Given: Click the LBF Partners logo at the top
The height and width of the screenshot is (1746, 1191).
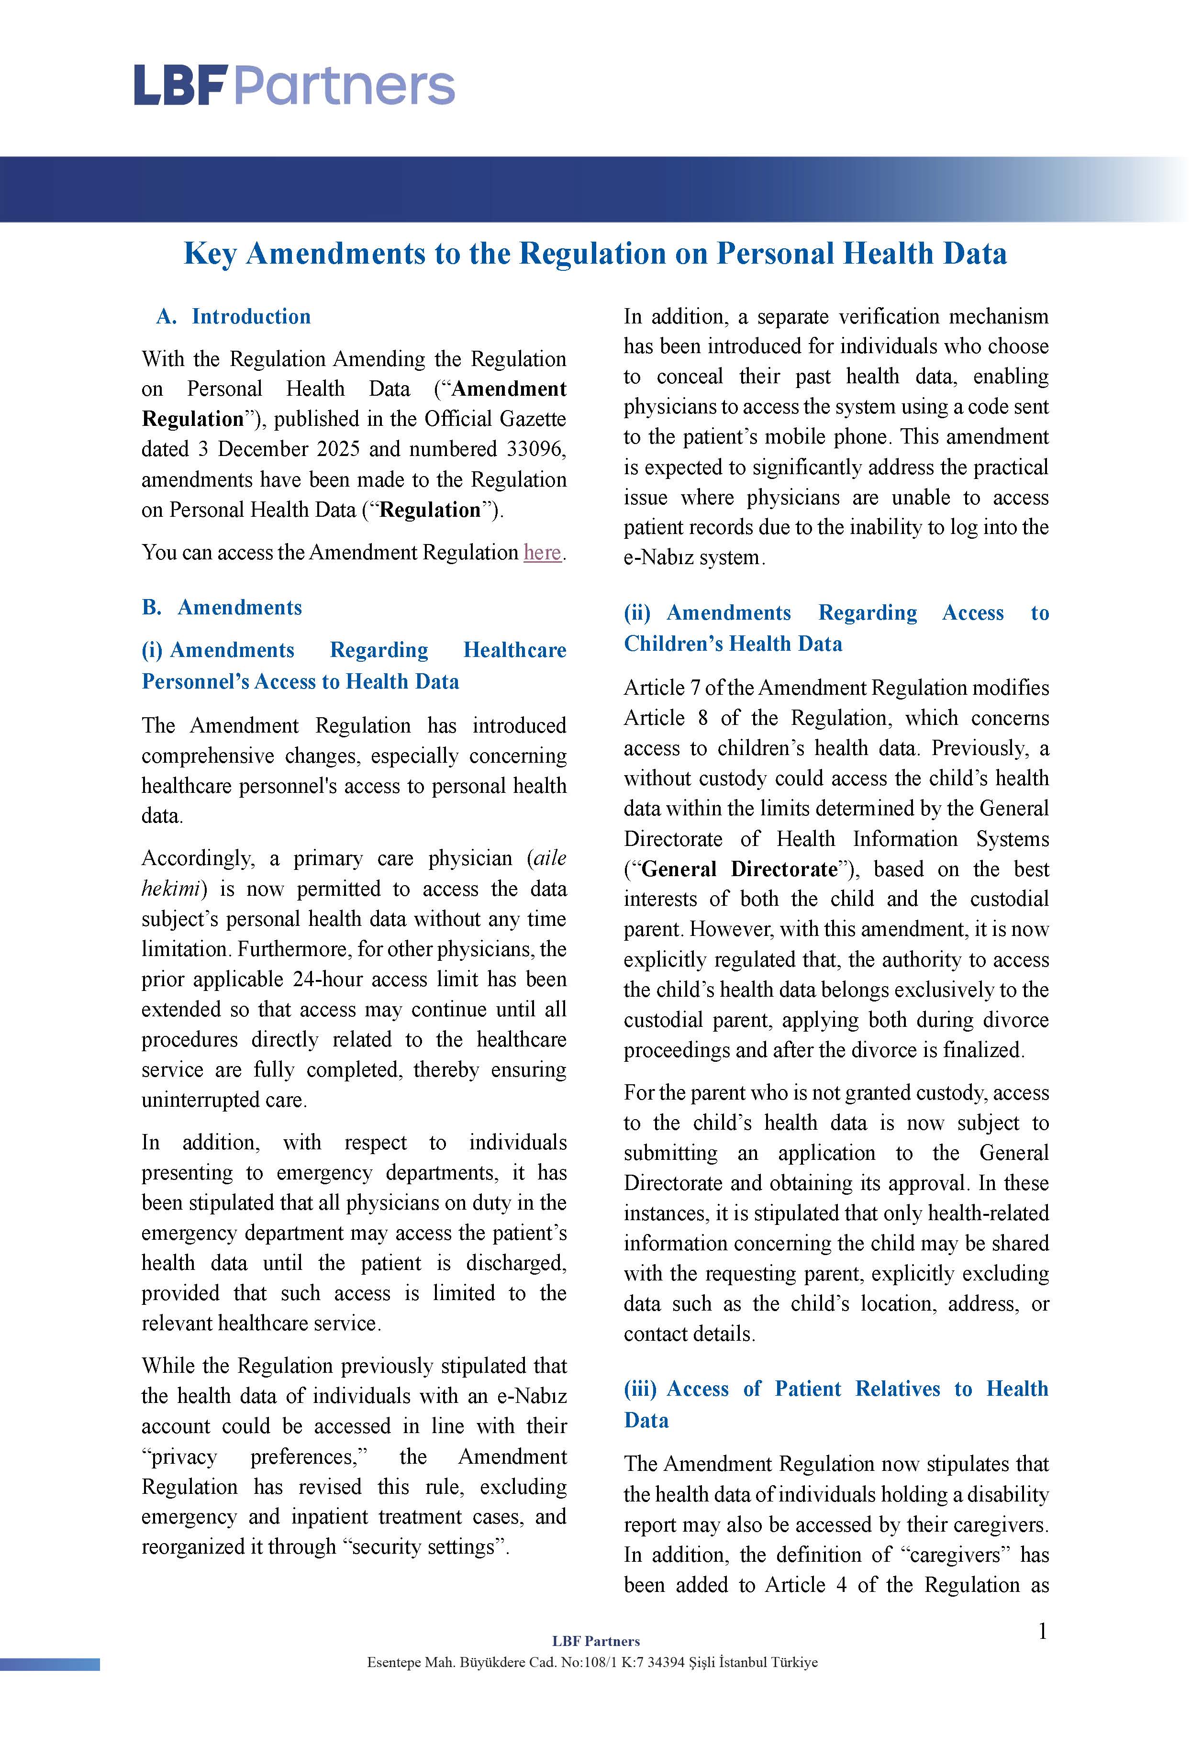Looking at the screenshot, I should point(295,85).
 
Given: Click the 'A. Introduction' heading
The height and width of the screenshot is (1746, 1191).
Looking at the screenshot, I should point(234,316).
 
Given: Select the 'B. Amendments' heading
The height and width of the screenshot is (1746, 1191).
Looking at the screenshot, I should point(223,607).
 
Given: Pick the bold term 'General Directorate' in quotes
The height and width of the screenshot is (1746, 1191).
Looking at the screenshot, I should point(739,869).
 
